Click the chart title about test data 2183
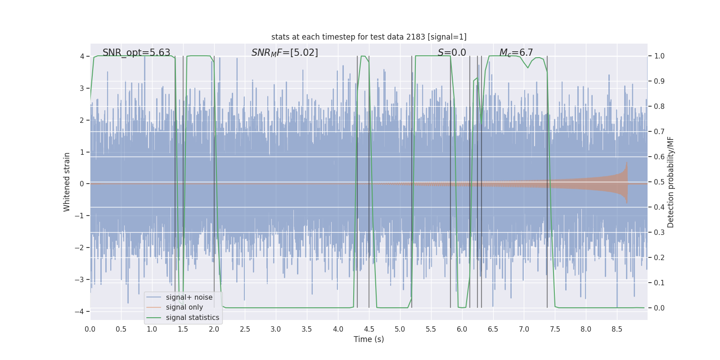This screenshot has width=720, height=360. tap(369, 37)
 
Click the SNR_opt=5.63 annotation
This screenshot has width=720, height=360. tap(136, 53)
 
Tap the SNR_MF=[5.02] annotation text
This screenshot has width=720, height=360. tap(284, 53)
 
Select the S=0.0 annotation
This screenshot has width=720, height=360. tap(452, 53)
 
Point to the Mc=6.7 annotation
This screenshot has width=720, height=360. tap(516, 53)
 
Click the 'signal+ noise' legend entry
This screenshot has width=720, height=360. tap(189, 297)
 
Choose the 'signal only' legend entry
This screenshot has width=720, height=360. tap(184, 307)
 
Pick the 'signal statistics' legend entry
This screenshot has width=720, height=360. tap(192, 318)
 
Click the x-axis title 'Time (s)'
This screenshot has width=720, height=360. tap(369, 339)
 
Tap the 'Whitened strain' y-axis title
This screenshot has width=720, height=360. tap(67, 182)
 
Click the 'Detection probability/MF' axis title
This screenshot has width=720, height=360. tap(670, 182)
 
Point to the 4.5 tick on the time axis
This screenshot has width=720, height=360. tap(369, 329)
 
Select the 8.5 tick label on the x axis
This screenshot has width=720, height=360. tap(617, 329)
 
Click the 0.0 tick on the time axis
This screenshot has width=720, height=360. tap(90, 329)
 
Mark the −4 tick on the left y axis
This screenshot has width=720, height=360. tap(81, 311)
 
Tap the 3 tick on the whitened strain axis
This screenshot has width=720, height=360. tap(82, 88)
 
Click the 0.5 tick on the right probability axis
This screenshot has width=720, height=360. tap(659, 182)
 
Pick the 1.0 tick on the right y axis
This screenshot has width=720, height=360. tap(659, 56)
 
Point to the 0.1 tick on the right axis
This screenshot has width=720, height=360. tap(659, 283)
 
